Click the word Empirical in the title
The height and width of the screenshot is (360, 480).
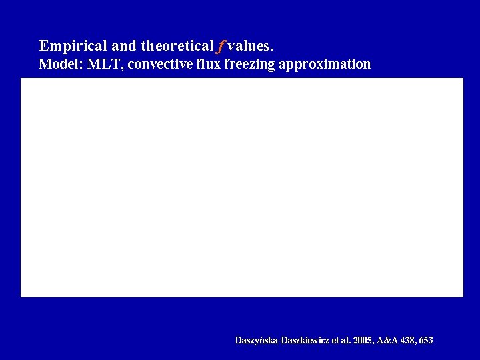pos(71,46)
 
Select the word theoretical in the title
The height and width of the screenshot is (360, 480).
pos(177,46)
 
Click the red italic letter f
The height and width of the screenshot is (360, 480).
pos(220,46)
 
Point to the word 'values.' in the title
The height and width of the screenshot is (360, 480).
pos(250,46)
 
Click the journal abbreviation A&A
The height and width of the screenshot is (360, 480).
pos(387,341)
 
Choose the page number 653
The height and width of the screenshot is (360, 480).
pos(425,341)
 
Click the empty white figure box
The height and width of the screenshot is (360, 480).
pos(241,187)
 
